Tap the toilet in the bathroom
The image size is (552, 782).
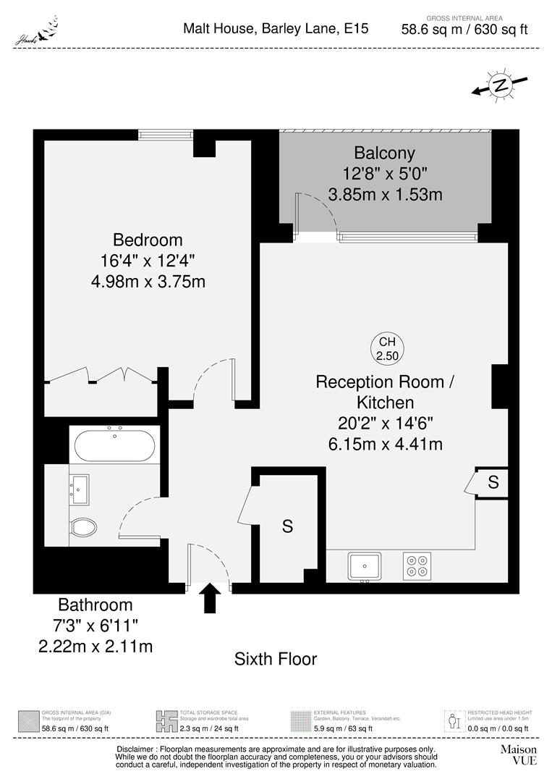tap(83, 528)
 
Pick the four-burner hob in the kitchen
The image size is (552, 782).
tap(416, 565)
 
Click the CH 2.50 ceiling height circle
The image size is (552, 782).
tap(388, 348)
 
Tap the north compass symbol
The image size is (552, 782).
tap(499, 85)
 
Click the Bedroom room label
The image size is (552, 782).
tap(148, 240)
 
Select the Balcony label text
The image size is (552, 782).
tap(384, 153)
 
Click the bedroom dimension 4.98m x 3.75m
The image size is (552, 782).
tap(148, 281)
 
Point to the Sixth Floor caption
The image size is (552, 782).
tap(276, 659)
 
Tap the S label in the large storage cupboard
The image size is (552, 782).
tap(287, 527)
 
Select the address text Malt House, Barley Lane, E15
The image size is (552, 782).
tap(276, 29)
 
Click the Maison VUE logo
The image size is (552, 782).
tap(519, 755)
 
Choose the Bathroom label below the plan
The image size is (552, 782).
tap(95, 605)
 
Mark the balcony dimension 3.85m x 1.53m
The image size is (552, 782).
tap(385, 194)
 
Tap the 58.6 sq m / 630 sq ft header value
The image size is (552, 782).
tap(464, 30)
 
